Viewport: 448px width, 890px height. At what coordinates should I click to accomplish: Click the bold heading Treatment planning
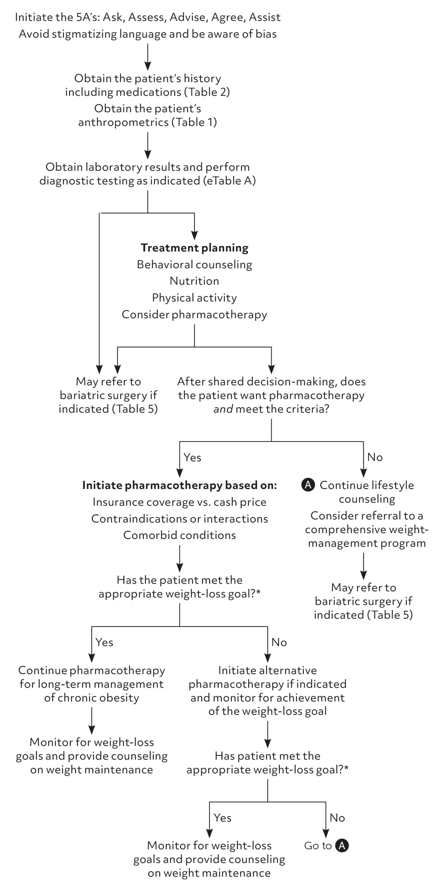[x=194, y=248]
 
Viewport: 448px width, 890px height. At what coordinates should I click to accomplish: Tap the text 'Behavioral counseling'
[x=194, y=264]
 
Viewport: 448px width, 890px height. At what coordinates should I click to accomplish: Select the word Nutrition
[x=194, y=281]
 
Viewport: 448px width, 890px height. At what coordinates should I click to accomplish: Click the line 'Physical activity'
[x=194, y=297]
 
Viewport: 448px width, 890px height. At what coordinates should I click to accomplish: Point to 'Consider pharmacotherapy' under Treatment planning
[x=194, y=314]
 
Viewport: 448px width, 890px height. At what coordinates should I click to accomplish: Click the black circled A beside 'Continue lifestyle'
[x=308, y=485]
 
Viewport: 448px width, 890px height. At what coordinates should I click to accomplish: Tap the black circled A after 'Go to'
[x=342, y=846]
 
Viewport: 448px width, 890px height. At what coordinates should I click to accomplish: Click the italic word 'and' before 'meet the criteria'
[x=223, y=409]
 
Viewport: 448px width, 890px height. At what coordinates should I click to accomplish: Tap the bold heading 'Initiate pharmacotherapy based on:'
[x=179, y=485]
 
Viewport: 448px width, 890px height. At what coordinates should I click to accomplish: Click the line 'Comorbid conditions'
[x=179, y=535]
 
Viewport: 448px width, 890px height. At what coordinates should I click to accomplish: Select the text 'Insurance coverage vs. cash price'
[x=179, y=502]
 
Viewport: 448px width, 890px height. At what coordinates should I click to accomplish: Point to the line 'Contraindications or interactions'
[x=179, y=518]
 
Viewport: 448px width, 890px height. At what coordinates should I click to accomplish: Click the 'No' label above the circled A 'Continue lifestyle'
[x=375, y=457]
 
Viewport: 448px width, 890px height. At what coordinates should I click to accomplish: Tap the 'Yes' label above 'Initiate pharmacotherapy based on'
[x=192, y=457]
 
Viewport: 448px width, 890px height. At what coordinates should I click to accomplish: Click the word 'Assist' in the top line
[x=265, y=17]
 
